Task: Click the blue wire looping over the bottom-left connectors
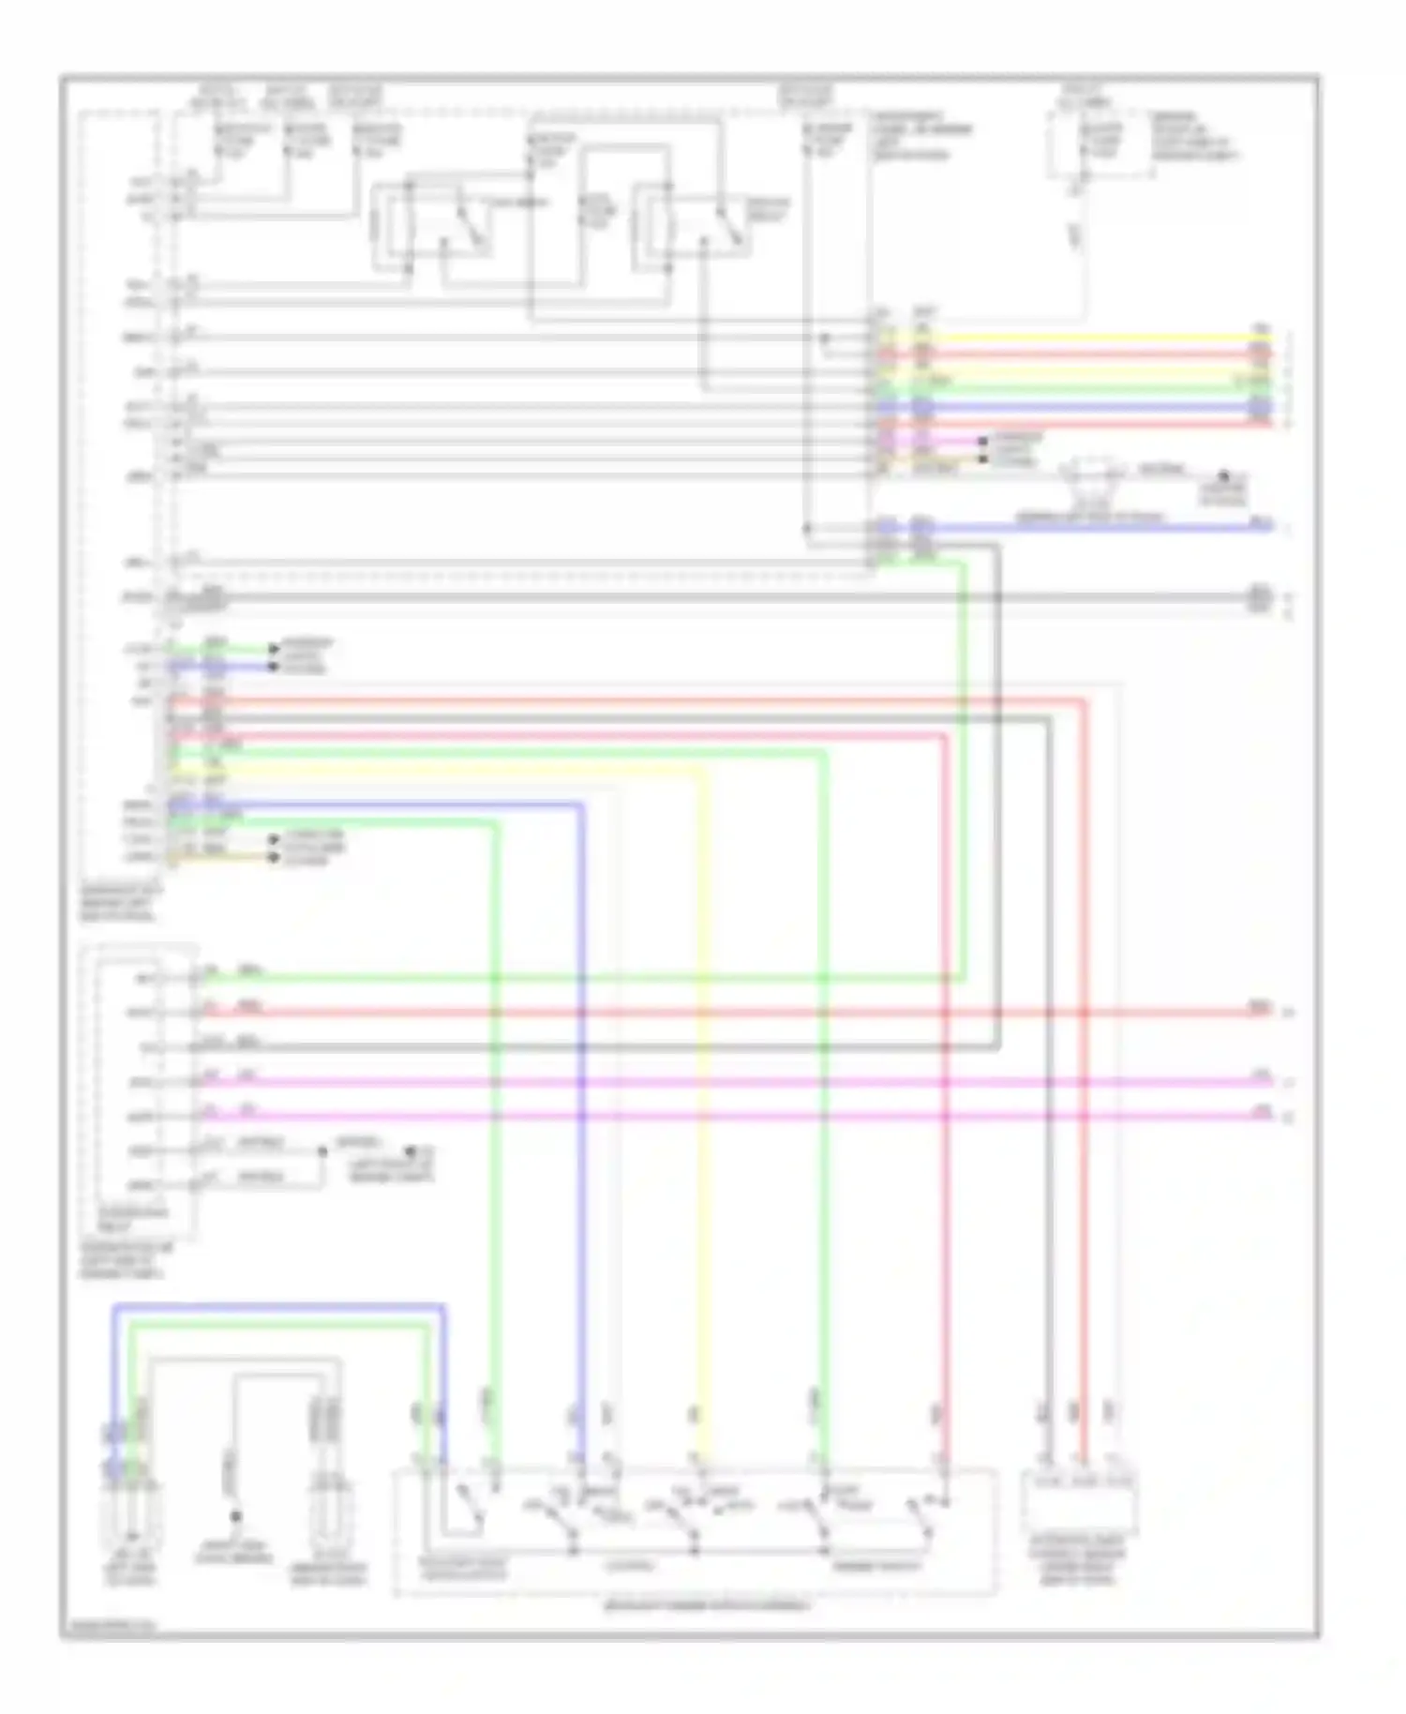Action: (281, 1305)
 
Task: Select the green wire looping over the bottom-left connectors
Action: (281, 1323)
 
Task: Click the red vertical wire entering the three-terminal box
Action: (1084, 1219)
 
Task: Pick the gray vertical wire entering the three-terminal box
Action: (1049, 1219)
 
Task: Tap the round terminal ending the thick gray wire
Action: (1260, 596)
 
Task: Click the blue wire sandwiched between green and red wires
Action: (1078, 407)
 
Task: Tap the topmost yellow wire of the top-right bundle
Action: (1078, 338)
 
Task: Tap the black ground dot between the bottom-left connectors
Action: (236, 1515)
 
